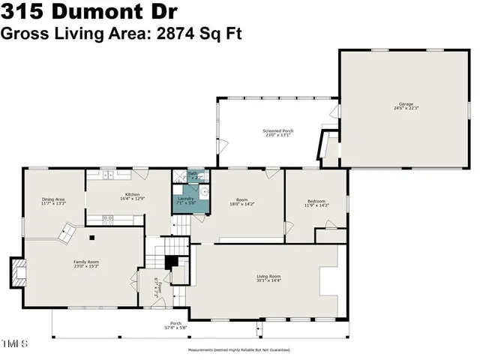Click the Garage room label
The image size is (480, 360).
click(x=406, y=103)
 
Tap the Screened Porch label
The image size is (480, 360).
click(x=277, y=130)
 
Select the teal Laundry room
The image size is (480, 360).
click(x=186, y=201)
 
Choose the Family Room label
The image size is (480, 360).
click(x=85, y=262)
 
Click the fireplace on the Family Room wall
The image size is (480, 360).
click(x=17, y=268)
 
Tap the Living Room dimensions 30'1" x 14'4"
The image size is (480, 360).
click(x=268, y=280)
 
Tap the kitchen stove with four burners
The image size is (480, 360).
click(x=107, y=220)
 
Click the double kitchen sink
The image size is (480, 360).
click(x=108, y=175)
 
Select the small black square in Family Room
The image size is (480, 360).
click(x=91, y=237)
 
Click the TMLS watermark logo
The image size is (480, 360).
click(x=14, y=344)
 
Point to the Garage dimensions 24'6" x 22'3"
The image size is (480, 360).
click(x=406, y=109)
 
